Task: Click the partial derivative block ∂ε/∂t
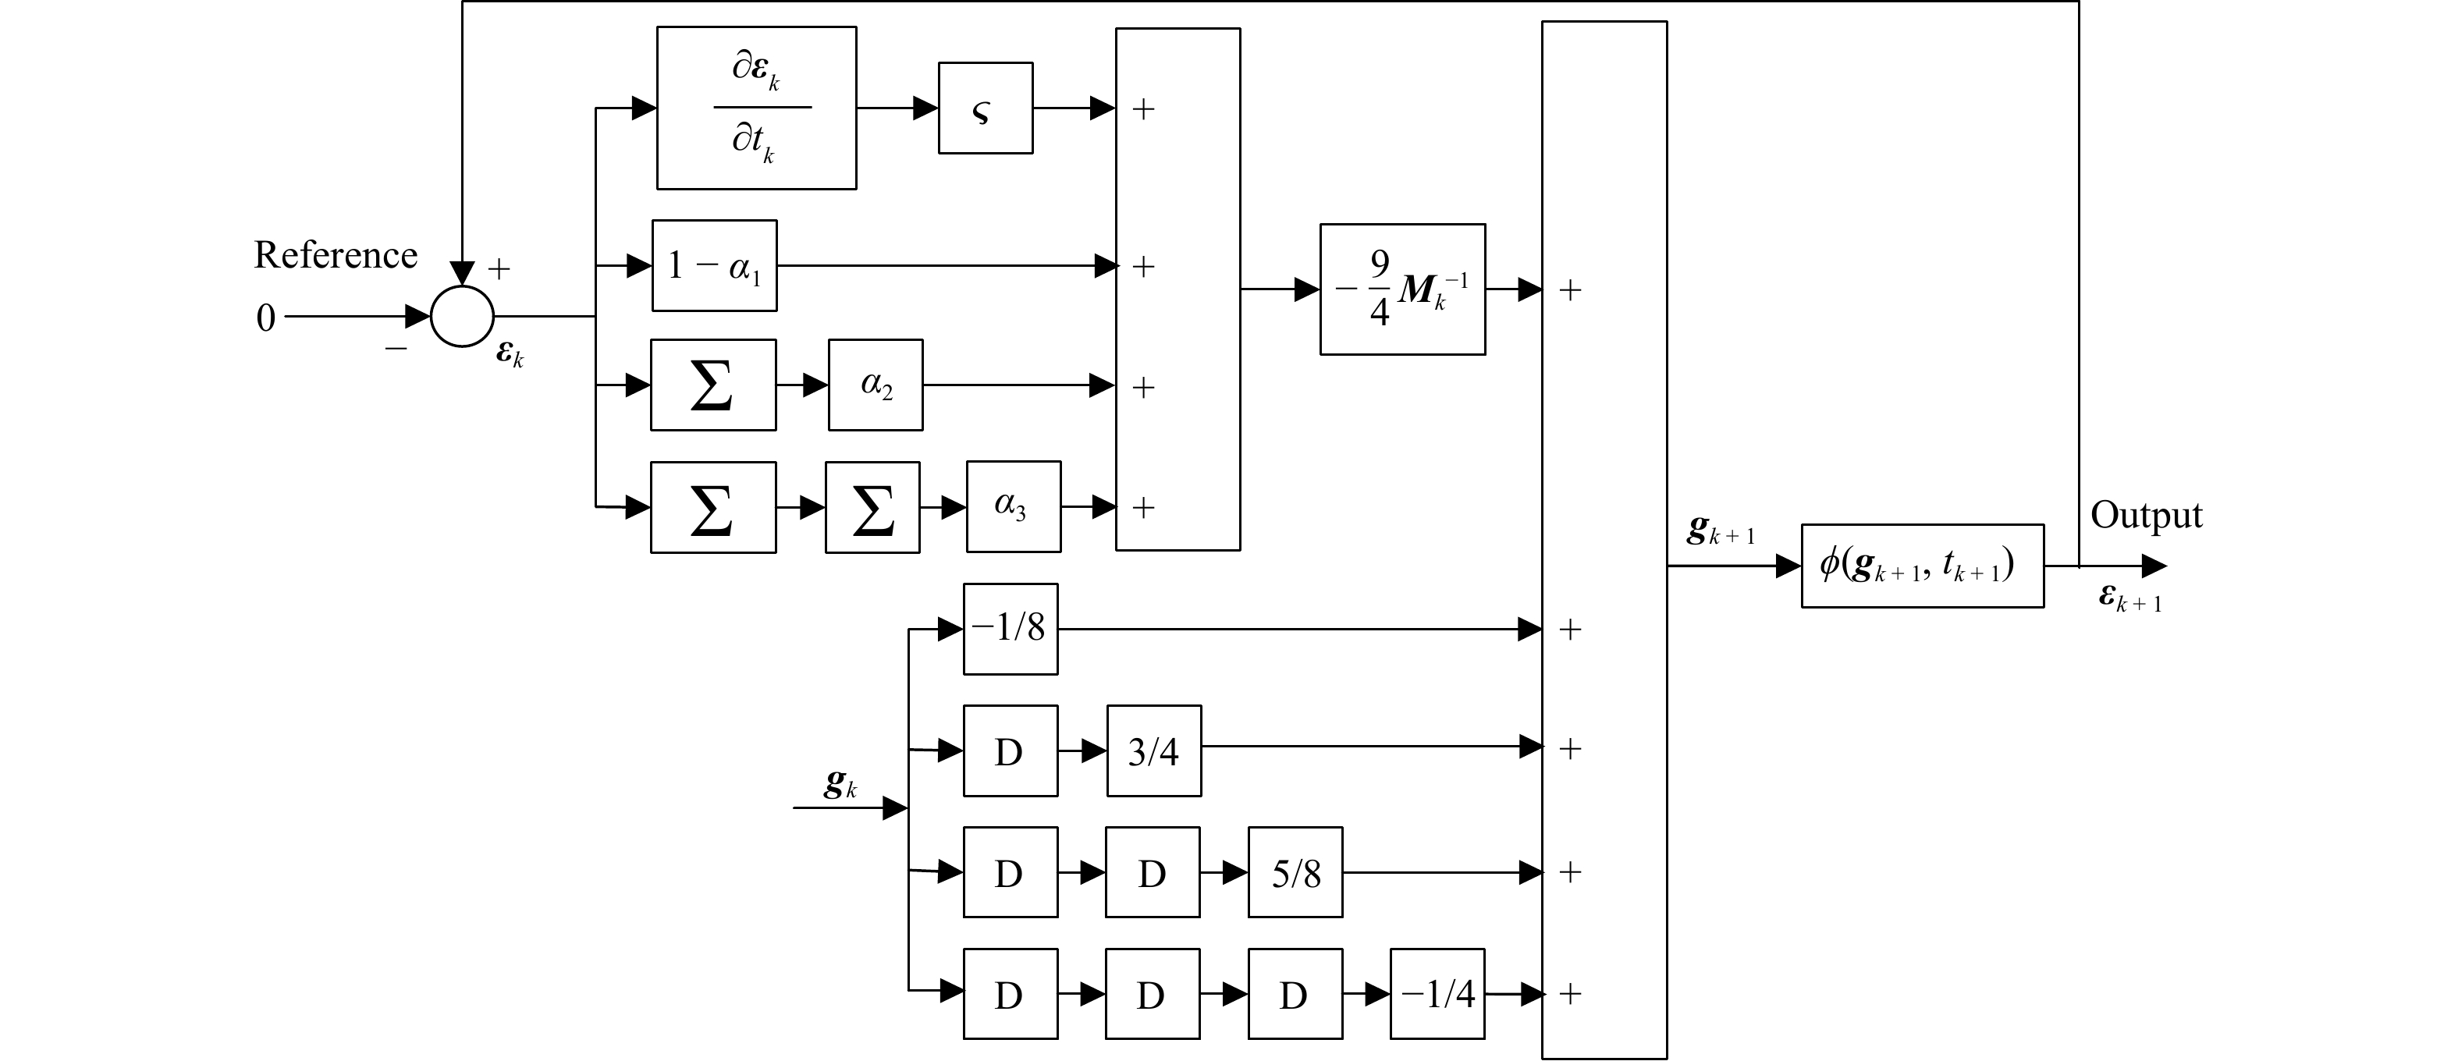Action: click(755, 108)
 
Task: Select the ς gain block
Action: click(985, 108)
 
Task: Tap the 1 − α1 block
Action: click(714, 265)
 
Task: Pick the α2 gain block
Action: click(875, 385)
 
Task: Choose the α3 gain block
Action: click(1012, 506)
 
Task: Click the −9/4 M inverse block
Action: click(1401, 289)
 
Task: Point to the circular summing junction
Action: click(462, 316)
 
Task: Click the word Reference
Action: click(335, 255)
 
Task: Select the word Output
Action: click(2146, 515)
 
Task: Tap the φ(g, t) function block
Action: click(1922, 566)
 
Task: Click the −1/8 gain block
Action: click(1010, 629)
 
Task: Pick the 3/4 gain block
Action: click(1153, 751)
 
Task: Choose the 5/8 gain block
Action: click(1295, 872)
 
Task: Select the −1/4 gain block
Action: click(1436, 993)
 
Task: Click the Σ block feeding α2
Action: click(712, 385)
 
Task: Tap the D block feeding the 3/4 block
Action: click(1010, 751)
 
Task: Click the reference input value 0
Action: click(265, 318)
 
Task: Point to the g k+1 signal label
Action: click(1720, 530)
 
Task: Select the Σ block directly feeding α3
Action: click(872, 506)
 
